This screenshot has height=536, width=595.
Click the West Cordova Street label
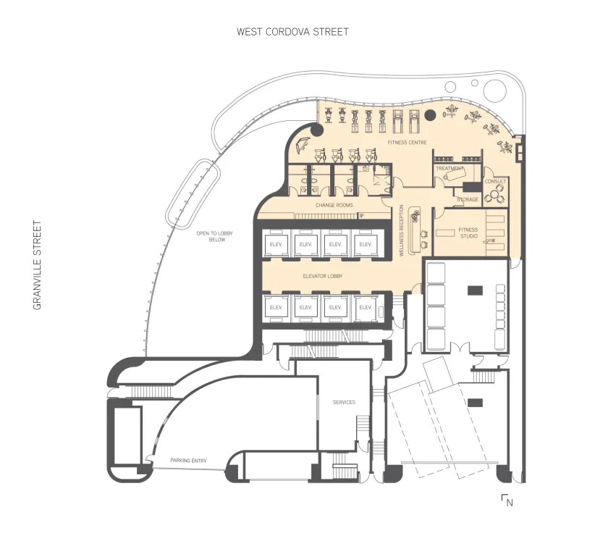tap(292, 32)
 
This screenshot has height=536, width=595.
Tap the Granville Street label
tap(38, 266)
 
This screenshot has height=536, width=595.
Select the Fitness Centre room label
tap(408, 143)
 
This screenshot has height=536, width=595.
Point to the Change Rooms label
tap(333, 205)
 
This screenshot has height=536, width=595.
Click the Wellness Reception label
tap(402, 231)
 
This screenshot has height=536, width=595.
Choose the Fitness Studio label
tap(468, 233)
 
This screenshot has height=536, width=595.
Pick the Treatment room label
tap(449, 168)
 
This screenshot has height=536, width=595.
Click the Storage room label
tap(468, 199)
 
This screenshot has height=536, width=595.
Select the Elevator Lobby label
tap(322, 277)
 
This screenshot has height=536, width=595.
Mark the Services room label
tap(344, 402)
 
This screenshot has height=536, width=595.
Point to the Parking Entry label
tap(189, 460)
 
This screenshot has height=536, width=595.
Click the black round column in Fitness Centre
tap(430, 114)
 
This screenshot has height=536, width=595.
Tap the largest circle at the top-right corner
tap(496, 89)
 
